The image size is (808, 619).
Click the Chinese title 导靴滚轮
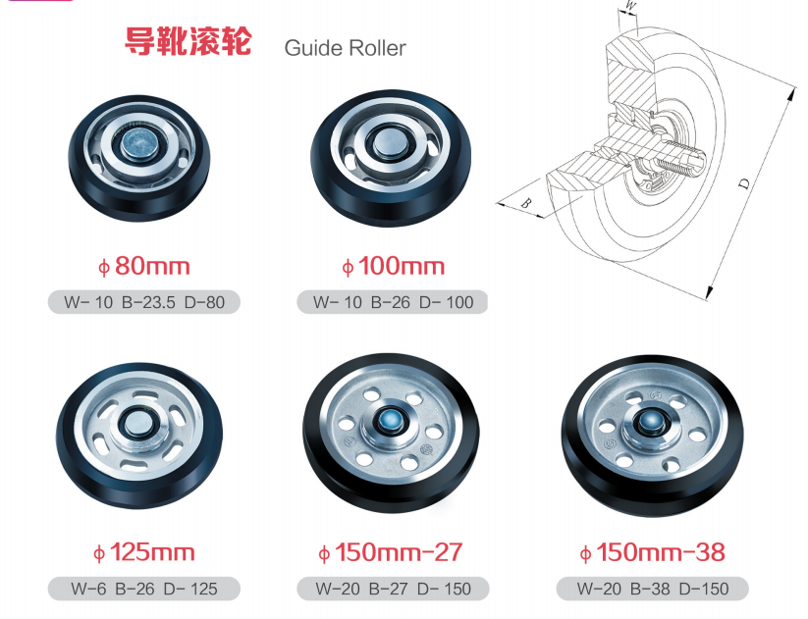[189, 41]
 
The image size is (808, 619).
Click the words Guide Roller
[345, 48]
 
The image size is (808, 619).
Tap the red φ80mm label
[143, 266]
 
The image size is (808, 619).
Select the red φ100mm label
[393, 266]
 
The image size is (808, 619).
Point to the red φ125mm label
[143, 552]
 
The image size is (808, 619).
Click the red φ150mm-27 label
[390, 552]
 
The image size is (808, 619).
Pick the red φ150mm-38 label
[652, 552]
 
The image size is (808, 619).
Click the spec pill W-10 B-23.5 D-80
[144, 302]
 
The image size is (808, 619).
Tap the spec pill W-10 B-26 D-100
[393, 302]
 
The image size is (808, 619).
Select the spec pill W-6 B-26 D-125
[144, 589]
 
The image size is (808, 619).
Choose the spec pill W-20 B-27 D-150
[393, 589]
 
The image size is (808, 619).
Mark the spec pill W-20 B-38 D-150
[652, 589]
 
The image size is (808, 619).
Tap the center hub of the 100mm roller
[390, 141]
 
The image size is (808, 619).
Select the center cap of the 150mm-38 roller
[650, 422]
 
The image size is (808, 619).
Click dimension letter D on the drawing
[743, 183]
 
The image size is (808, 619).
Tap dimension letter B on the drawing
[525, 202]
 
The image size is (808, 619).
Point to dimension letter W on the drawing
[630, 6]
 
